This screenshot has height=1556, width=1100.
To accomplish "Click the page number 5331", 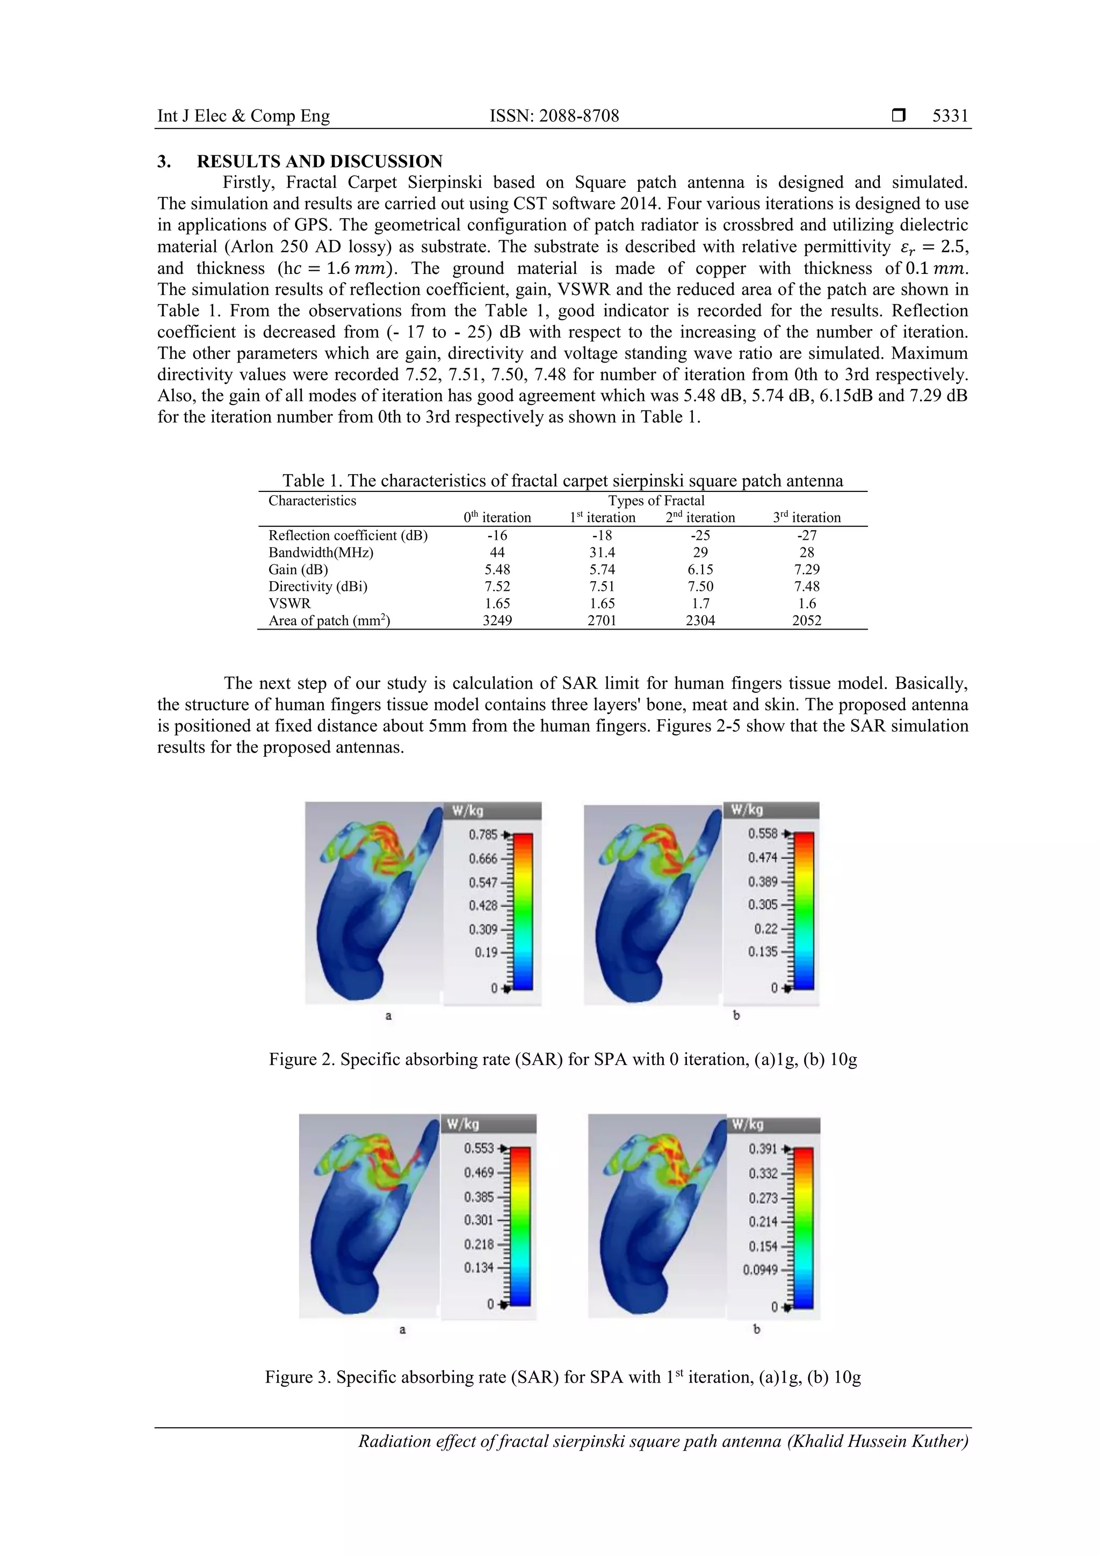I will pos(950,116).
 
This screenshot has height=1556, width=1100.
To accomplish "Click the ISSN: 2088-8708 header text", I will pos(554,116).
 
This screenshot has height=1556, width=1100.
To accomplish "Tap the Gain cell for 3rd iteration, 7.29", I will pos(807,569).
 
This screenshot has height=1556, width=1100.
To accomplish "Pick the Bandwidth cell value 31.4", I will pos(602,552).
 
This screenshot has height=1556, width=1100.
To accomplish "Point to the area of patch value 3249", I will pos(497,620).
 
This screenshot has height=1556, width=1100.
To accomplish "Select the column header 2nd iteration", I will pos(700,518).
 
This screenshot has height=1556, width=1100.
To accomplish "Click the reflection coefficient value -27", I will pos(807,535).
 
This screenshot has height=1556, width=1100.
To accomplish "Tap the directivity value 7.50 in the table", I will pos(700,586).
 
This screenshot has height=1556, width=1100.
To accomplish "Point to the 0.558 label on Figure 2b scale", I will pos(763,834).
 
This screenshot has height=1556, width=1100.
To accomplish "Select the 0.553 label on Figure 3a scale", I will pos(479,1148).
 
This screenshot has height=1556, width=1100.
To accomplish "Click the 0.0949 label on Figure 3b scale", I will pos(760,1269).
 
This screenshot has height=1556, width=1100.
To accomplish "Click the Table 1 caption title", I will pos(562,481).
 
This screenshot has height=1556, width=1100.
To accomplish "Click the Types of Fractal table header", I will pos(655,501).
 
